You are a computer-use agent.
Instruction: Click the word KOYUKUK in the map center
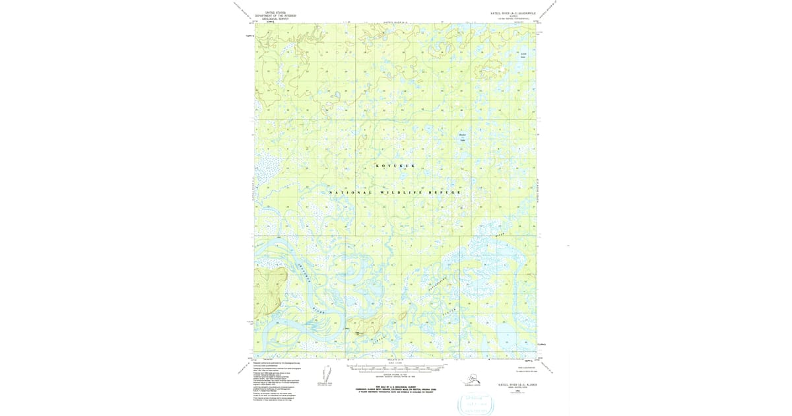pyautogui.click(x=395, y=166)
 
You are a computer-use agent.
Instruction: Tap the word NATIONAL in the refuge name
pyautogui.click(x=350, y=192)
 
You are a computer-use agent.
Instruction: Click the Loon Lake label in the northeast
pyautogui.click(x=523, y=55)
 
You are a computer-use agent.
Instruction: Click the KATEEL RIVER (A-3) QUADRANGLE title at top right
pyautogui.click(x=510, y=13)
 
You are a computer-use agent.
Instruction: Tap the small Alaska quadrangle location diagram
pyautogui.click(x=473, y=379)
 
